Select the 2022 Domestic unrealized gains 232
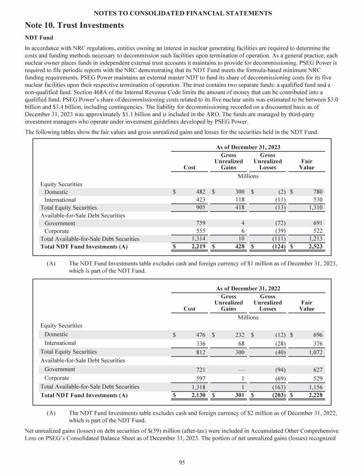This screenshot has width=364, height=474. click(238, 335)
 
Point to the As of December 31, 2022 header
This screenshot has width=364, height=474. click(248, 288)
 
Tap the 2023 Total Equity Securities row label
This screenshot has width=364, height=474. click(68, 208)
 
